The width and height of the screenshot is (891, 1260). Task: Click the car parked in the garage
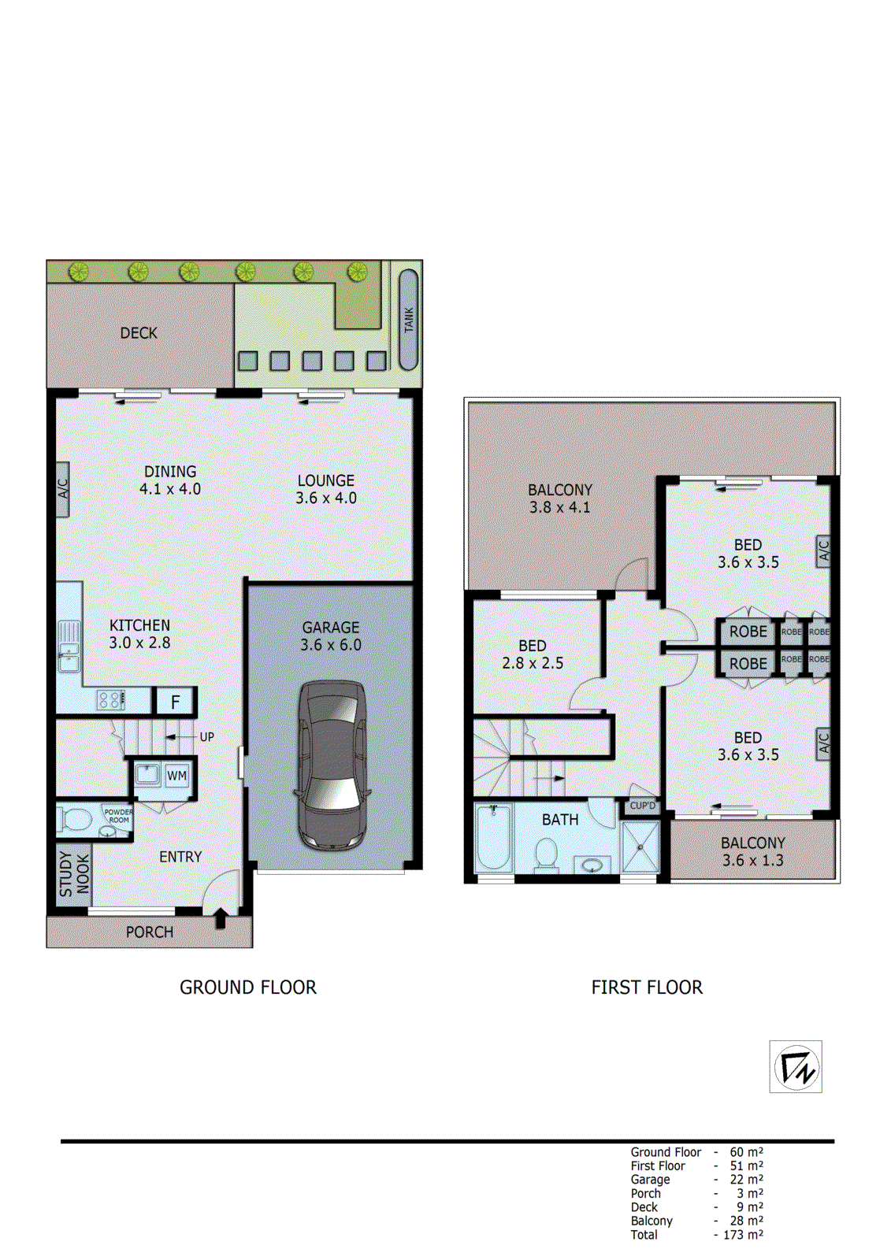click(x=331, y=765)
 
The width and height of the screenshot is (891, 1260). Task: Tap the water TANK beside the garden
click(x=408, y=320)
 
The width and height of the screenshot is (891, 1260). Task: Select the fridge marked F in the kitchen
click(x=176, y=701)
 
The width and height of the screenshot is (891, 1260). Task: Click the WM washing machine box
click(x=176, y=776)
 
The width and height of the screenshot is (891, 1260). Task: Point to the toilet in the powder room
click(x=76, y=820)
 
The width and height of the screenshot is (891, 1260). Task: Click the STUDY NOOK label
click(x=74, y=874)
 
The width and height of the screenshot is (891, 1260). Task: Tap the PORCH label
click(x=149, y=932)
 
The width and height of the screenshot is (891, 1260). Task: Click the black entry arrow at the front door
click(x=221, y=918)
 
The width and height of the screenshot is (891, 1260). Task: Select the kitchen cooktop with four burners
click(x=110, y=699)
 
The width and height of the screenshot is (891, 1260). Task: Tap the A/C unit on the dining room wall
click(x=63, y=489)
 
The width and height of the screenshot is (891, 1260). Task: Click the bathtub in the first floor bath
click(x=494, y=838)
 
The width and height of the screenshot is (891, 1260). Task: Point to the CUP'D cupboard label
click(x=642, y=806)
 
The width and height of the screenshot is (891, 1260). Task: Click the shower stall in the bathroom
click(x=640, y=847)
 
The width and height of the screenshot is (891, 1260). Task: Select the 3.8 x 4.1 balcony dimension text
click(x=559, y=508)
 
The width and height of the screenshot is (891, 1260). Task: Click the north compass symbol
click(x=796, y=1067)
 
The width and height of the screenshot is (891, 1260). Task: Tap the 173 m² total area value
click(x=742, y=1235)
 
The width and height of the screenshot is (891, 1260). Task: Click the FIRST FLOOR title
click(x=647, y=988)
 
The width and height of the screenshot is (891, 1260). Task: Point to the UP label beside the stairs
click(x=206, y=737)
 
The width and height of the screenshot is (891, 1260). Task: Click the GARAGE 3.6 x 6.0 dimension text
click(x=330, y=645)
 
